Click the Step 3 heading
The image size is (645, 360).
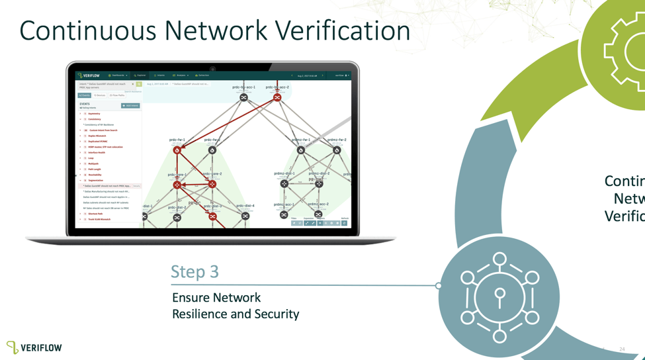194,271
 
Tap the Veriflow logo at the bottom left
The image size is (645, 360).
34,347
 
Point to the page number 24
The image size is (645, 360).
622,349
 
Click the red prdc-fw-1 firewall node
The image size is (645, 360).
177,150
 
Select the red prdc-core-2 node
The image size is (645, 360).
212,184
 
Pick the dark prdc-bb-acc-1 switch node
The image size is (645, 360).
243,97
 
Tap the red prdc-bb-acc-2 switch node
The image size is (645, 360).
277,97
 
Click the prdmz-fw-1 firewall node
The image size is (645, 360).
301,150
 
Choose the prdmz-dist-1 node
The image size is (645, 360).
284,184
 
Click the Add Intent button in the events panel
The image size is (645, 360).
130,106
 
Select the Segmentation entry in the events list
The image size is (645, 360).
96,180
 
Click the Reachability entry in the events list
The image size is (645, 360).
95,175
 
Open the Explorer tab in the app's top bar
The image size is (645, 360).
140,75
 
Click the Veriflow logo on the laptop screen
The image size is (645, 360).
89,75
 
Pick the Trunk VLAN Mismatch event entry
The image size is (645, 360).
99,219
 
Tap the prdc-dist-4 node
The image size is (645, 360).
245,216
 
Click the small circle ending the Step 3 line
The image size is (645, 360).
439,286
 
